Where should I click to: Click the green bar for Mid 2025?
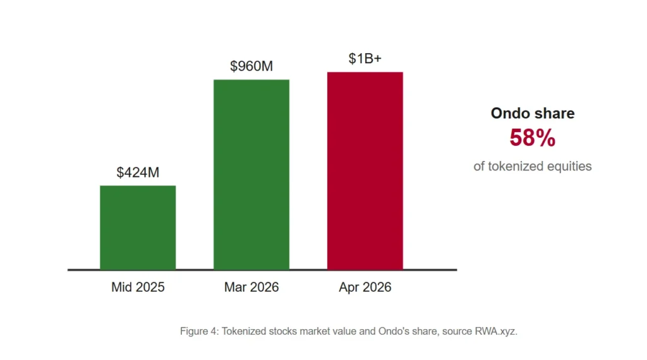138,227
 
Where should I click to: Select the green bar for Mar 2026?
251,174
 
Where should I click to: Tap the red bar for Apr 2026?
365,171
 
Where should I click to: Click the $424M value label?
138,172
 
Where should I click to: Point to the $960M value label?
251,66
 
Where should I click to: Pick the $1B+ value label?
365,59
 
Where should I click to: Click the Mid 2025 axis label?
138,287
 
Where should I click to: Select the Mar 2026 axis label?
251,287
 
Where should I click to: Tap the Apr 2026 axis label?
365,287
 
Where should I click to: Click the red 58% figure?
532,138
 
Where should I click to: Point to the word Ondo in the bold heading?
511,114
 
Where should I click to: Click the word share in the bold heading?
555,114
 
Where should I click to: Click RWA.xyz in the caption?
496,331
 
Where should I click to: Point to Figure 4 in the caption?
199,331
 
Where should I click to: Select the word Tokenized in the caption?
244,331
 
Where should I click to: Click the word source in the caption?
457,332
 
